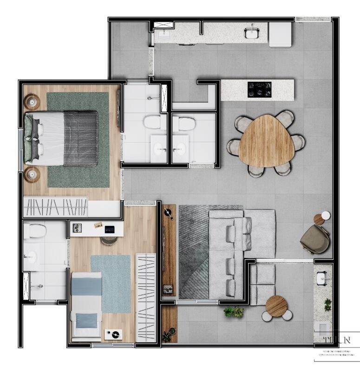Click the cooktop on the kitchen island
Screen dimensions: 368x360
[x=259, y=89]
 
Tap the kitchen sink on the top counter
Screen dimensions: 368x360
[x=251, y=33]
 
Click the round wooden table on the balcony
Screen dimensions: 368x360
[x=276, y=306]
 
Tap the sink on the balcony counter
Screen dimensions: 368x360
[x=322, y=278]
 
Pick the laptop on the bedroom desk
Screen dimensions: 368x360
[x=110, y=229]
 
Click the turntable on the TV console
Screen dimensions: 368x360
[x=168, y=214]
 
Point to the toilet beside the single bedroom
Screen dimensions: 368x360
[x=35, y=230]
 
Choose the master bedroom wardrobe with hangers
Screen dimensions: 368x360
[x=56, y=206]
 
